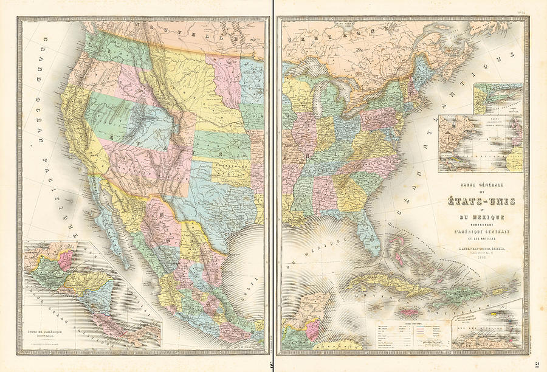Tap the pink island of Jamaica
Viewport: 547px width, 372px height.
point(407,312)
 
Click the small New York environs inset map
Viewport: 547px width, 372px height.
point(498,98)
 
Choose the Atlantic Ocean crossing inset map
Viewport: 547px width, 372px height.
point(480,143)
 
